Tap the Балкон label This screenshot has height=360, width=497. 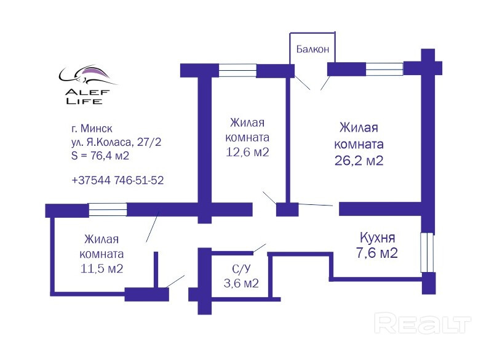click(x=313, y=49)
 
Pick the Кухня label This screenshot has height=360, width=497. click(x=377, y=237)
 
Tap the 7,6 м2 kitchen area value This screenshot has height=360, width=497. click(x=378, y=252)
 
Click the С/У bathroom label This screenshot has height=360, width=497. click(x=241, y=268)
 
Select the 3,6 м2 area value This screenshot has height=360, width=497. click(x=241, y=283)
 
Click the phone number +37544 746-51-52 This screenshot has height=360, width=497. click(x=117, y=180)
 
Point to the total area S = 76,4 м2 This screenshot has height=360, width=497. click(x=100, y=156)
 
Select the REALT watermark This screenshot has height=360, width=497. click(x=423, y=323)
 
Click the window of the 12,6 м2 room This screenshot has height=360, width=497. click(x=237, y=70)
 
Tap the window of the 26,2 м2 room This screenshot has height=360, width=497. click(x=384, y=68)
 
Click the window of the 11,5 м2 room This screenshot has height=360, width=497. click(x=107, y=210)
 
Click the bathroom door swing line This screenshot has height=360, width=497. click(x=259, y=247)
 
